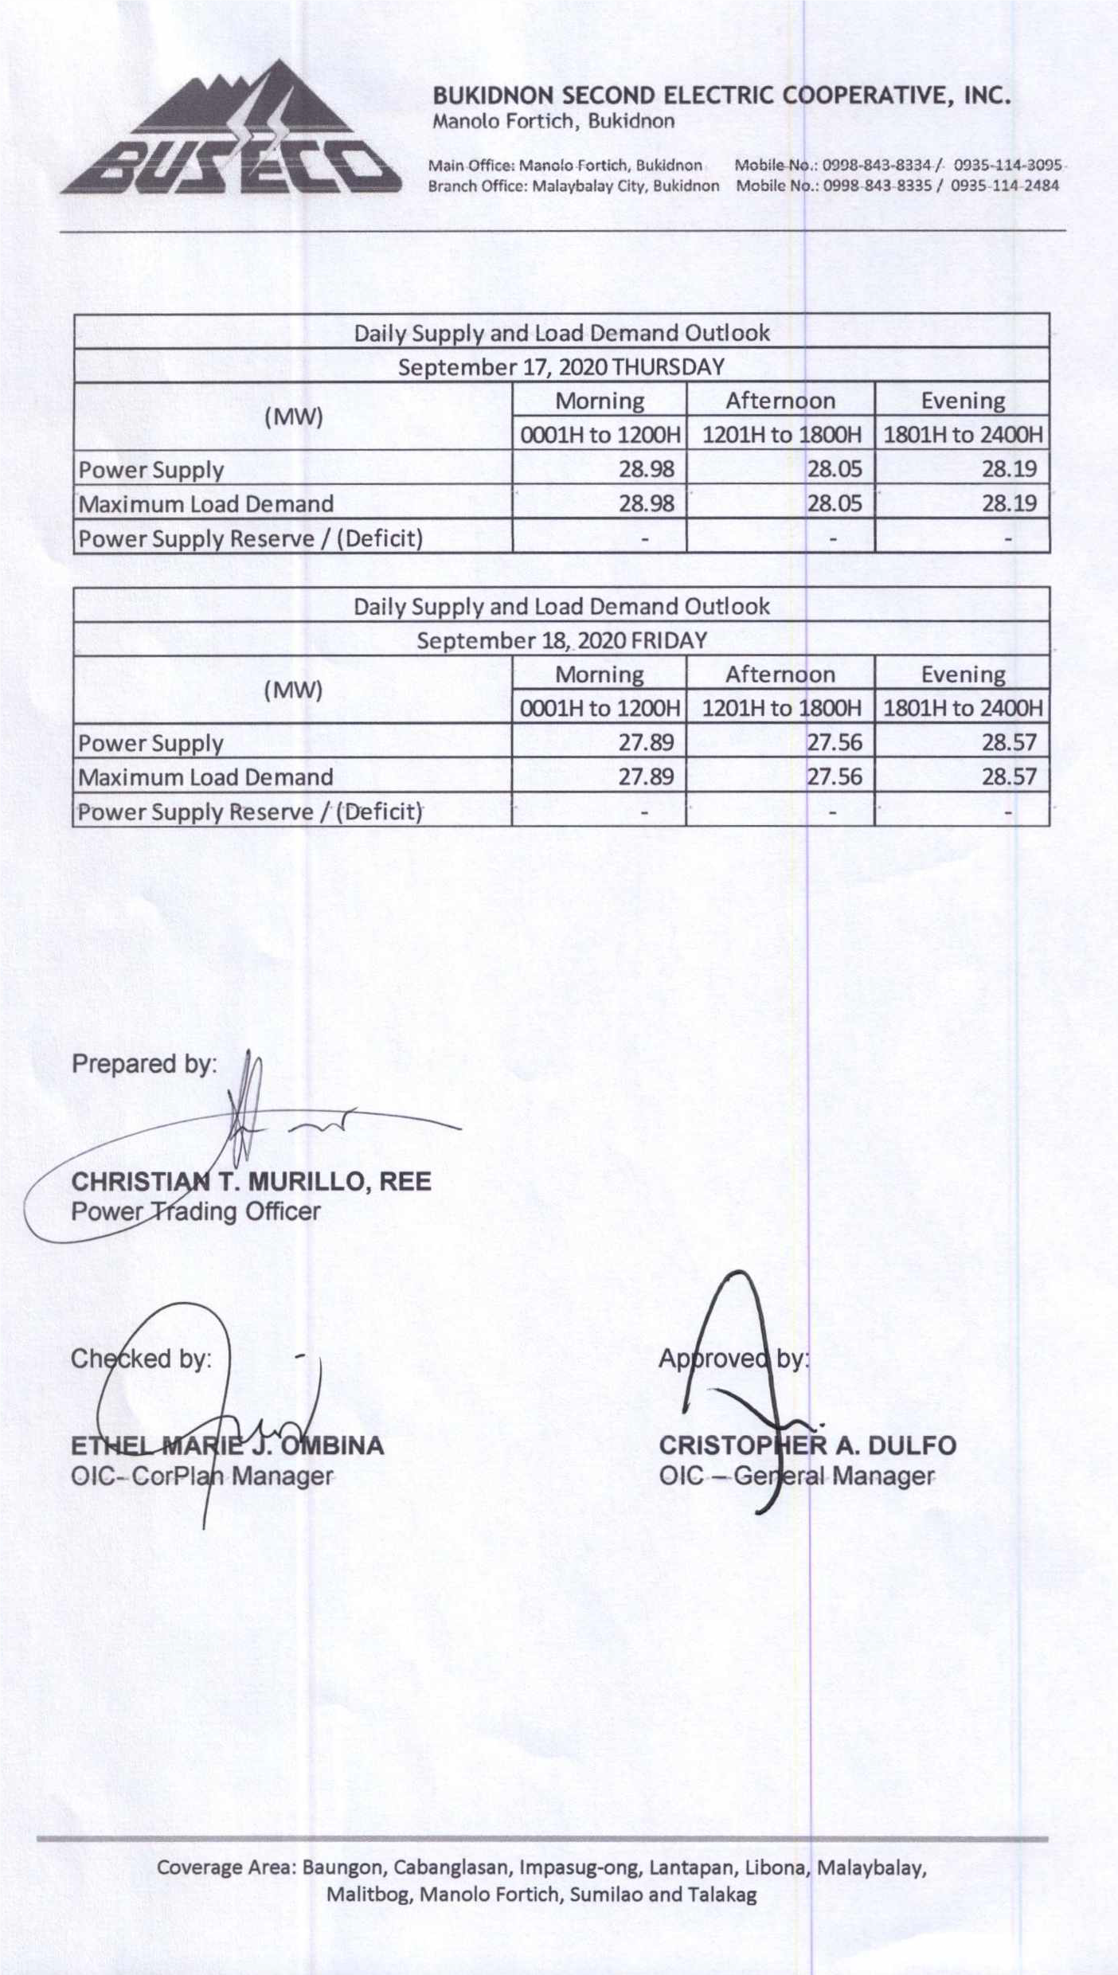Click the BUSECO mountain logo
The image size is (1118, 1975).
tap(231, 131)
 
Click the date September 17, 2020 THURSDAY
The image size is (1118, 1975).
tap(561, 367)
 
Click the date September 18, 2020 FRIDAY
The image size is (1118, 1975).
tap(561, 641)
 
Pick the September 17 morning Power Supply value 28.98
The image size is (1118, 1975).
tap(646, 469)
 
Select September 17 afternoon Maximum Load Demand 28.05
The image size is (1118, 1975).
tap(834, 503)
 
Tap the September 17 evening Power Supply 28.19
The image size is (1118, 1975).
tap(1008, 469)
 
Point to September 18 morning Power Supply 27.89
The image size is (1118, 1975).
tap(646, 743)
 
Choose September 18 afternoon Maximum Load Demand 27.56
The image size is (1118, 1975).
tap(834, 776)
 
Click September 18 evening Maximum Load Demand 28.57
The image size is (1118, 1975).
tap(1008, 776)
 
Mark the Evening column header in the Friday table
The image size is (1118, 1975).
tap(962, 675)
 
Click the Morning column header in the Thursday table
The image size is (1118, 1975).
tap(599, 401)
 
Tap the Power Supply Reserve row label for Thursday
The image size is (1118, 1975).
tap(250, 539)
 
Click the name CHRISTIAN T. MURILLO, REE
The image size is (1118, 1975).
tap(251, 1181)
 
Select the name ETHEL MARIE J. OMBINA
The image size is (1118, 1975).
tap(227, 1445)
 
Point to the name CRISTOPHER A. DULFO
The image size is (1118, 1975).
tap(807, 1445)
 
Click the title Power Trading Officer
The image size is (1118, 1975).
tap(195, 1211)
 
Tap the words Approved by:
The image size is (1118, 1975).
tap(733, 1359)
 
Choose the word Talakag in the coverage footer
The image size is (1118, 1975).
tap(722, 1895)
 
